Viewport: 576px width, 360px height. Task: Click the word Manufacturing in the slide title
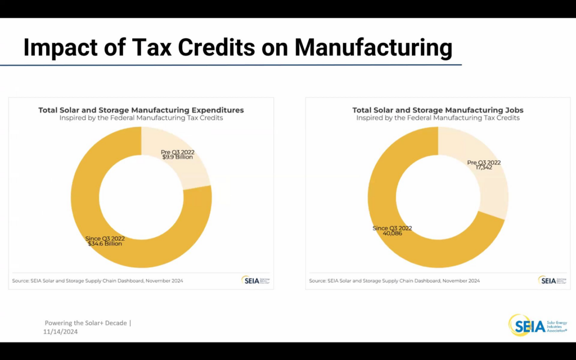(x=373, y=48)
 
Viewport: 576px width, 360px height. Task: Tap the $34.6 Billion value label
(x=105, y=244)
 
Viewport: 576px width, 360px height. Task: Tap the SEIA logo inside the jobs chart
(x=549, y=280)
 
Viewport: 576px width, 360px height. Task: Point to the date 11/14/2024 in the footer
(x=61, y=332)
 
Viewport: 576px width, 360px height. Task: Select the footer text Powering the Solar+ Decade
(x=86, y=323)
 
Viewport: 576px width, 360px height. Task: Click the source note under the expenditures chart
(x=97, y=281)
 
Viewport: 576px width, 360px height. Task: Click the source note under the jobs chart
(x=394, y=281)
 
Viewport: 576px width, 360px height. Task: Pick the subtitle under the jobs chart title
(x=438, y=118)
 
